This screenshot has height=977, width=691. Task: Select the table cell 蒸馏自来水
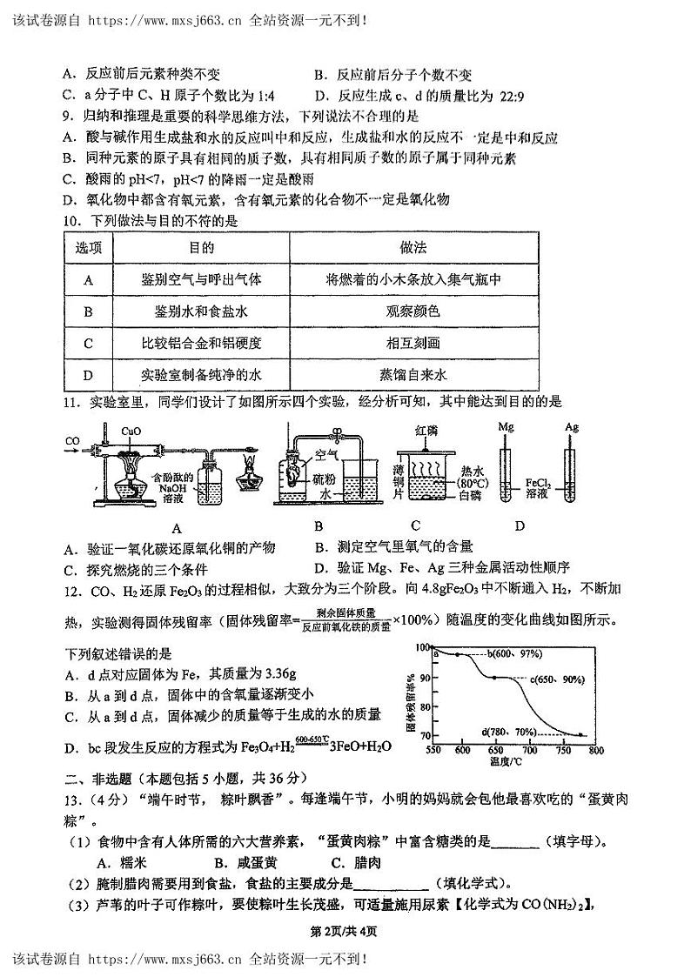click(413, 376)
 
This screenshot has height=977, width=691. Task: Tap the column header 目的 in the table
click(201, 249)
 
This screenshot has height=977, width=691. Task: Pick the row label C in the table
click(89, 344)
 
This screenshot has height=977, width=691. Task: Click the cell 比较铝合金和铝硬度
click(201, 344)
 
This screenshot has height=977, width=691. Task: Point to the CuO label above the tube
click(131, 430)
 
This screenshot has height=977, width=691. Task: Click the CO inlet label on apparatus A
click(72, 440)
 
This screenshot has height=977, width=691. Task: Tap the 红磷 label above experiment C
click(426, 430)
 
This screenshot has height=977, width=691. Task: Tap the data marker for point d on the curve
click(580, 735)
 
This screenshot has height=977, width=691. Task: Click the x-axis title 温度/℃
click(506, 761)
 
